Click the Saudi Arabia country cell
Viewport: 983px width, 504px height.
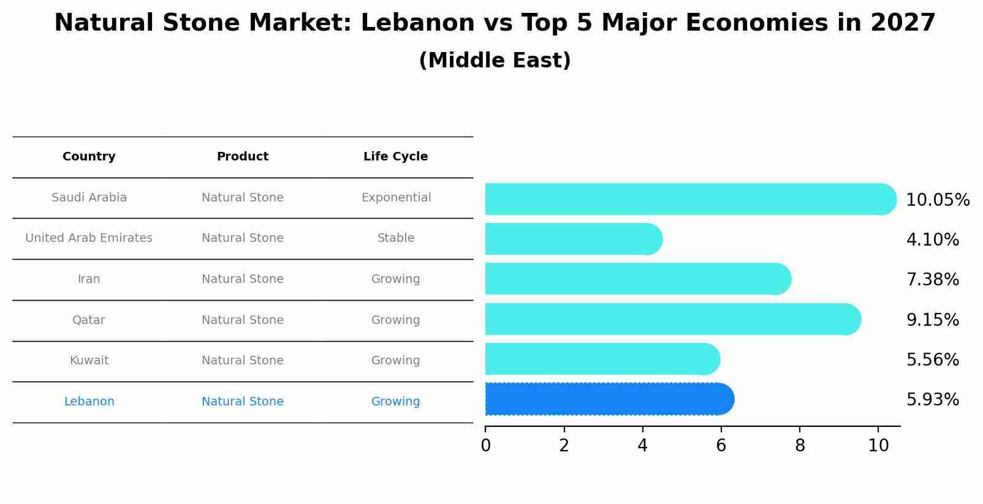pos(89,198)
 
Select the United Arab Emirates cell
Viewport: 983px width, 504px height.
pos(89,238)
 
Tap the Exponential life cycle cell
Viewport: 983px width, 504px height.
pos(396,198)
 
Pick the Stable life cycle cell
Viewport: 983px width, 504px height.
pos(396,238)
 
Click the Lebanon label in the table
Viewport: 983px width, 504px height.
pos(89,402)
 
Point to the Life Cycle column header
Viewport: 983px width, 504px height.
pos(396,157)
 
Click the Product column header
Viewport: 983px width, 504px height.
pos(243,157)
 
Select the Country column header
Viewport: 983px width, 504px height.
pos(89,157)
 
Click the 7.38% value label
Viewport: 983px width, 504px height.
pos(932,280)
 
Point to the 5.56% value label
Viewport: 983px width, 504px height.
pos(932,360)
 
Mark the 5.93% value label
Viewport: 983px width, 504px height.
pos(932,400)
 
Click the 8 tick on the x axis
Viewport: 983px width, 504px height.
pos(800,446)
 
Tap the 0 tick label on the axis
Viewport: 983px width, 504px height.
pos(485,446)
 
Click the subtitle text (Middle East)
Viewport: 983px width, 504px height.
pos(495,61)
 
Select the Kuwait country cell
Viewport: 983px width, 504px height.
pos(89,361)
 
